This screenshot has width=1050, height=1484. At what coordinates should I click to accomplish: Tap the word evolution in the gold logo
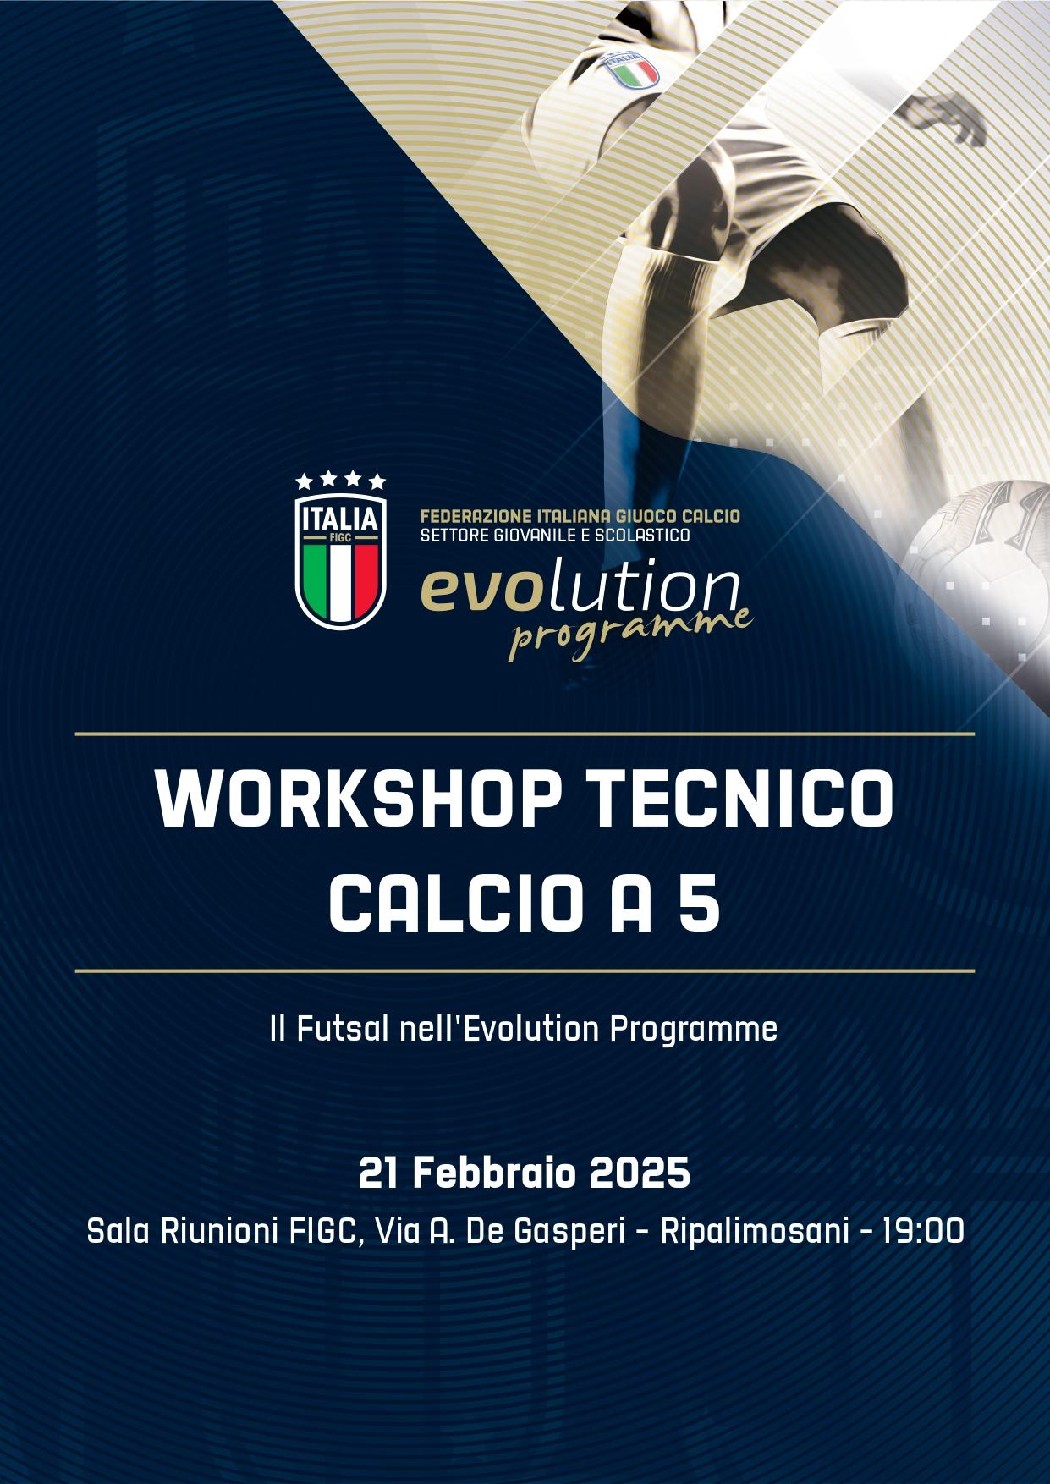click(580, 592)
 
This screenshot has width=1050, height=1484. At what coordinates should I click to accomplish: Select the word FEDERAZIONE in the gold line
click(469, 516)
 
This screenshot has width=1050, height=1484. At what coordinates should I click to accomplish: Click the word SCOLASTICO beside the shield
click(646, 536)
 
